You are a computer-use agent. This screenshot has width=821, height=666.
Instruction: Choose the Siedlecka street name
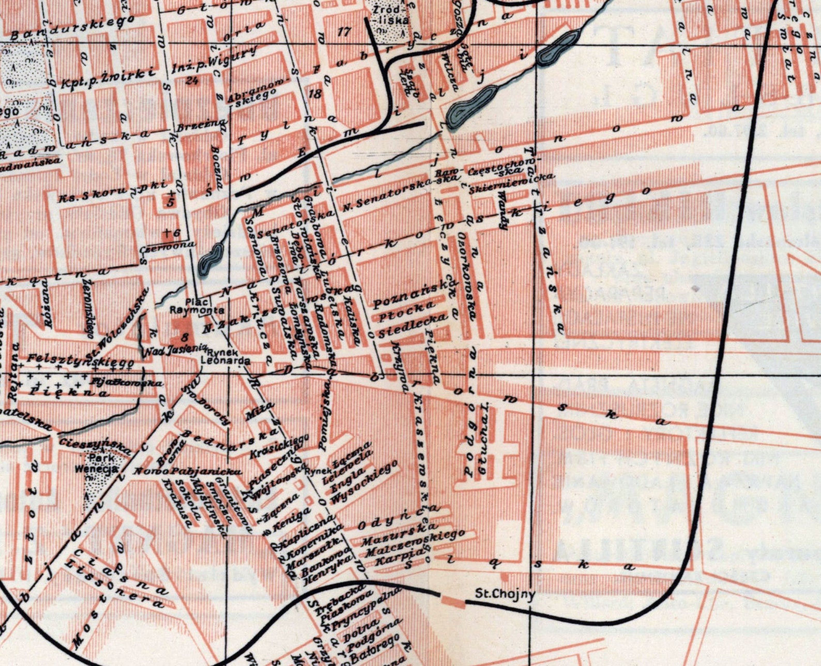click(412, 327)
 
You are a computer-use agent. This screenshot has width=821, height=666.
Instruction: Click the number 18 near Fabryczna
click(314, 94)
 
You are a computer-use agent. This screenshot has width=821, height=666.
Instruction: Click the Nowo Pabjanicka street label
click(188, 471)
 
